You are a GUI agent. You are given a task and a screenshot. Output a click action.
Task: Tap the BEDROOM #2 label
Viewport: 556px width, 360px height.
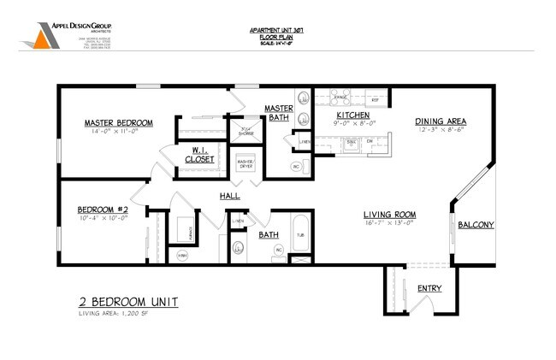pos(103,210)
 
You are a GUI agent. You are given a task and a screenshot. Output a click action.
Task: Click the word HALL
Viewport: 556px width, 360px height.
pos(229,197)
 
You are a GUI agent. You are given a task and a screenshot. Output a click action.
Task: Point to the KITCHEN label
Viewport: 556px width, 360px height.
pos(352,115)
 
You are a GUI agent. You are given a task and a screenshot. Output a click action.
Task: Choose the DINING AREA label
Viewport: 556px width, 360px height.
pos(439,121)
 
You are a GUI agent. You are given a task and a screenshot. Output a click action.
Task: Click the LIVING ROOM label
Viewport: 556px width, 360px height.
pos(388,214)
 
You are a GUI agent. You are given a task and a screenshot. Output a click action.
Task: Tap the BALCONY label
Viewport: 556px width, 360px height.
pos(475,225)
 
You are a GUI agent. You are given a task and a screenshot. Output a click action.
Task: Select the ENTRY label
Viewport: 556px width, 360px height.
pos(429,288)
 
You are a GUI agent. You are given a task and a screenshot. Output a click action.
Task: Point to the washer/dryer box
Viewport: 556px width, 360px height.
pos(246,162)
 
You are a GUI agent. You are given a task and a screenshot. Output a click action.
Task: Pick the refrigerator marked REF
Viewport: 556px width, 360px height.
pos(374,99)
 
